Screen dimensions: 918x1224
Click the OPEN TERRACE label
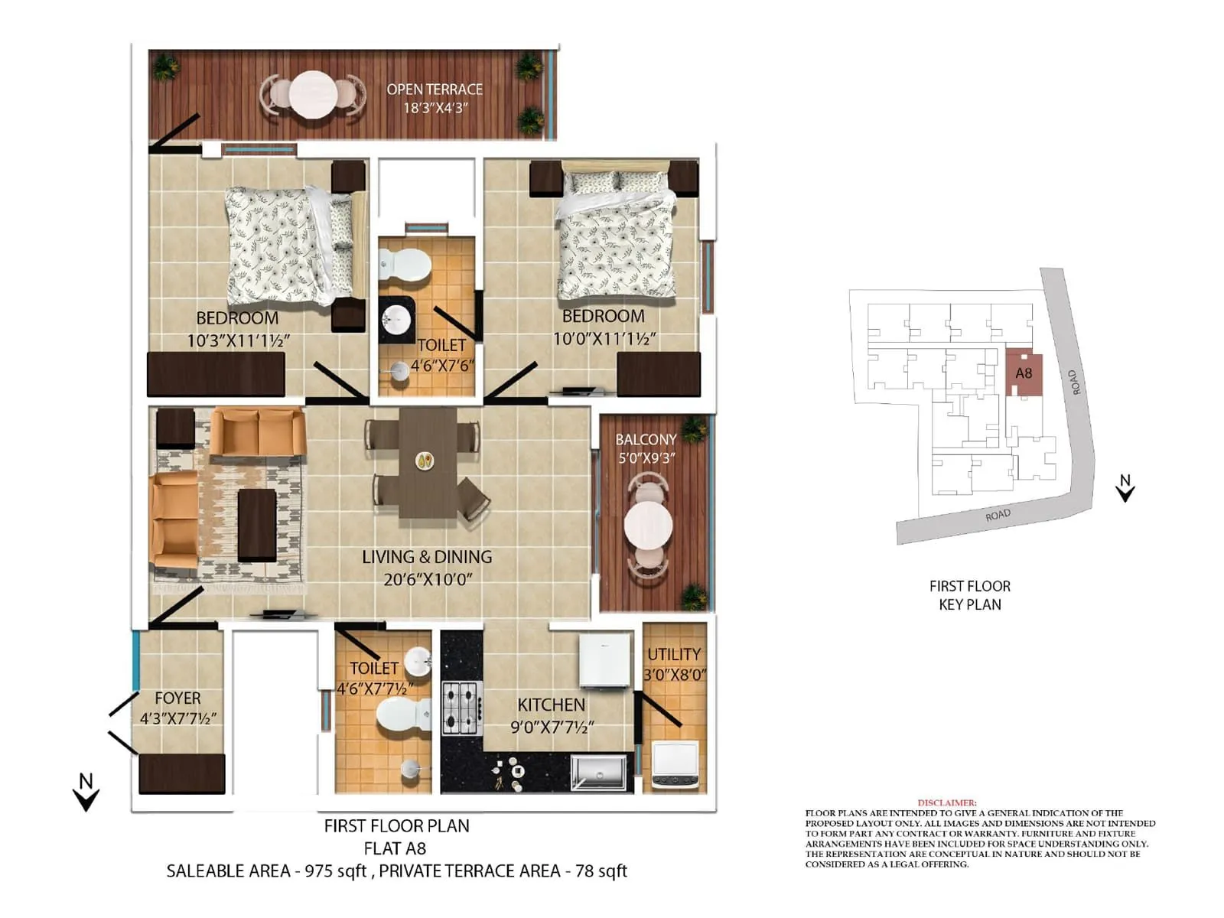[434, 90]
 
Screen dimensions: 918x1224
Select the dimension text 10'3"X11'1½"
[238, 341]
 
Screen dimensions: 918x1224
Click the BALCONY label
[646, 440]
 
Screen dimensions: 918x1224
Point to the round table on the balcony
[648, 525]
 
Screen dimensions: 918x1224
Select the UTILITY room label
[673, 655]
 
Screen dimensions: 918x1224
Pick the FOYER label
[177, 698]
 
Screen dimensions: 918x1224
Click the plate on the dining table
[425, 461]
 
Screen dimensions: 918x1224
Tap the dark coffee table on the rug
[257, 525]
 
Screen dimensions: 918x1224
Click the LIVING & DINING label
[427, 557]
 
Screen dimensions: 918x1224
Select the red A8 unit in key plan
[1024, 373]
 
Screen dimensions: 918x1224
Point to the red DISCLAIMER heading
[947, 802]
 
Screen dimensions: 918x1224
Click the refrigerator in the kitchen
[604, 660]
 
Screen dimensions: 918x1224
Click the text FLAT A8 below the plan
[395, 848]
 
